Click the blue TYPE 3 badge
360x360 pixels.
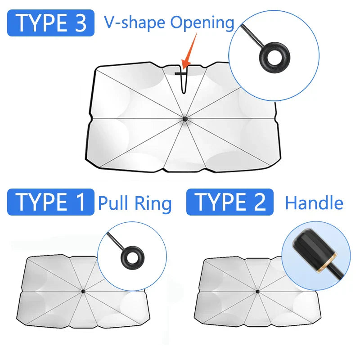[51, 23]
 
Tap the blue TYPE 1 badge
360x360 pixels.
[51, 202]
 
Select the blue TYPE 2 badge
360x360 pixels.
[230, 202]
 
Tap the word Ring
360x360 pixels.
[153, 204]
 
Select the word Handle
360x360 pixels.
[314, 203]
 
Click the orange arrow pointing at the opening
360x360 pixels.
[189, 51]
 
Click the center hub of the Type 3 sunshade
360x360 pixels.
[185, 119]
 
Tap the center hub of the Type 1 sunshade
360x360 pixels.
[83, 291]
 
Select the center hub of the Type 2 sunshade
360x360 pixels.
[257, 292]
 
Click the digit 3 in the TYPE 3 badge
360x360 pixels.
[81, 23]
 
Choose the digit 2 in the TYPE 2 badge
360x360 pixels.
[260, 202]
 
